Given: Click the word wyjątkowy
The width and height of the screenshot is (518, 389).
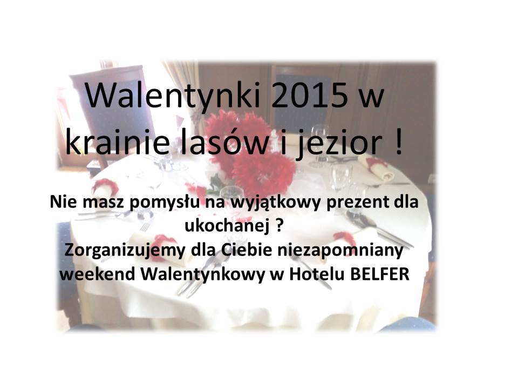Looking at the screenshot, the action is [275, 203].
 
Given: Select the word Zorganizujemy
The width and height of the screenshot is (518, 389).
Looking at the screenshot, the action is [125, 251].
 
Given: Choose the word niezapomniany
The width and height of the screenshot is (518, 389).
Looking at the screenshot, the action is [340, 251].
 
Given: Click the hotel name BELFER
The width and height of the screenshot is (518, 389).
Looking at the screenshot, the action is [379, 274].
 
